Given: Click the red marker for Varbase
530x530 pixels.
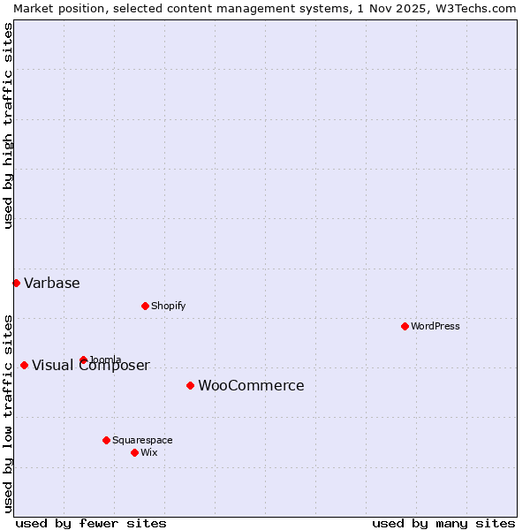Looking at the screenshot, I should tap(16, 283).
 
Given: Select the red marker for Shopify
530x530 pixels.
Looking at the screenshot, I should tap(145, 306).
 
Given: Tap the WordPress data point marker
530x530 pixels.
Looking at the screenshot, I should tap(405, 326).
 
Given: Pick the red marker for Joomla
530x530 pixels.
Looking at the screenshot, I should tap(83, 360).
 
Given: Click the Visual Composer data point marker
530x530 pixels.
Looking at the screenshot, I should tap(24, 365).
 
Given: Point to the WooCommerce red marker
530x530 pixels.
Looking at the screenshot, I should tap(190, 385).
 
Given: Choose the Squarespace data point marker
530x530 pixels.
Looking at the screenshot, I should tap(106, 440).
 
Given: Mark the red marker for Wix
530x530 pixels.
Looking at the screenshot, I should tap(134, 452).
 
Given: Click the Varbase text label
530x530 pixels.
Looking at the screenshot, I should tap(52, 283).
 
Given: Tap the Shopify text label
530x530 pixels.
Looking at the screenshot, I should tap(169, 306).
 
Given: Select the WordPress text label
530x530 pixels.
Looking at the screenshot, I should tap(435, 326).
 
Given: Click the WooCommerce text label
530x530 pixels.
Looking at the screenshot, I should tap(251, 385).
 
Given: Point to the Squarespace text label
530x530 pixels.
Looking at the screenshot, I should tap(142, 440).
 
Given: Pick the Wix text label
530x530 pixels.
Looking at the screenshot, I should tap(149, 452).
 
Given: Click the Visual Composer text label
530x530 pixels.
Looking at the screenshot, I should tap(91, 366).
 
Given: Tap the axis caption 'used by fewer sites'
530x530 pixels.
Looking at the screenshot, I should tap(91, 523).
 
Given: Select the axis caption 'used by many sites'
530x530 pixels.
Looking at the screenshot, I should tap(443, 523).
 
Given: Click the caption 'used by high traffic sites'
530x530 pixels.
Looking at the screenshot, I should tap(8, 125).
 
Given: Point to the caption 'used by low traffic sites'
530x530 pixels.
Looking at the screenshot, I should tap(8, 413).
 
